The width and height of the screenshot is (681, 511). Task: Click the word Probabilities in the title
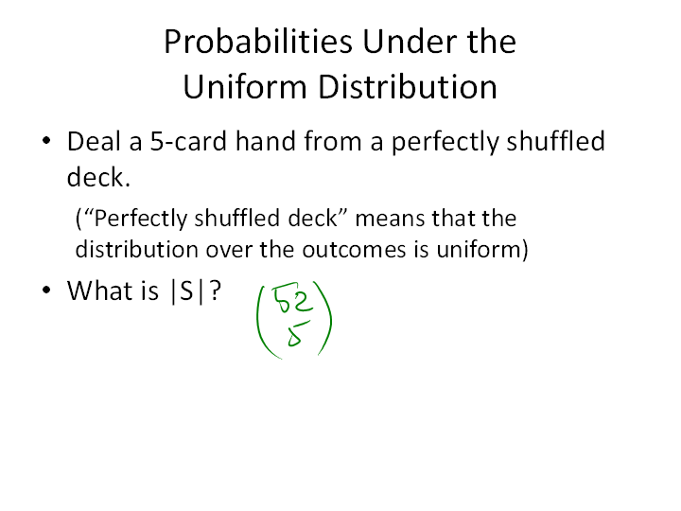258,42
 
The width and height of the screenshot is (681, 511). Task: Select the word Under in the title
410,42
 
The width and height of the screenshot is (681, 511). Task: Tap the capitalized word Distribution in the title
408,86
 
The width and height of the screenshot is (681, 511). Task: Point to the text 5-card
188,141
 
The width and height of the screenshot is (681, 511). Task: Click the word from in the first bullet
333,141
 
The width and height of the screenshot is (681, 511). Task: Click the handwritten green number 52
292,298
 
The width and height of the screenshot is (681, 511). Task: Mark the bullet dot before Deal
46,140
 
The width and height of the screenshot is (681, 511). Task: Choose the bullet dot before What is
46,290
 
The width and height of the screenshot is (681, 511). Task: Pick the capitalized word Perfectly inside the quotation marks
141,219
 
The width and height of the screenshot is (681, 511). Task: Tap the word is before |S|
149,291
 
